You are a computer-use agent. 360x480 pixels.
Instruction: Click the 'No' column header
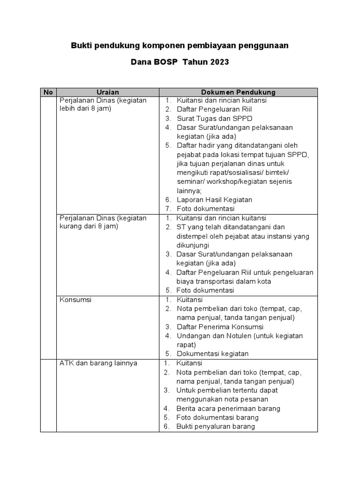point(48,92)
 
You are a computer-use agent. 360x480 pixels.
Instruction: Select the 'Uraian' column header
point(107,92)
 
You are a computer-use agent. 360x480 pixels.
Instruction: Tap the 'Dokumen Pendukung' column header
point(238,92)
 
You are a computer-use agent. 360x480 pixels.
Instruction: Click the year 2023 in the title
point(219,62)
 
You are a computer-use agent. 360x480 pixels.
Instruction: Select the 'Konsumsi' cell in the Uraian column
point(75,300)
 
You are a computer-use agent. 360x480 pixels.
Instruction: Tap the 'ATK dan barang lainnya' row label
point(98,363)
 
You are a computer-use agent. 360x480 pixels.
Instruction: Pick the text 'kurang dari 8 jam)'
point(89,227)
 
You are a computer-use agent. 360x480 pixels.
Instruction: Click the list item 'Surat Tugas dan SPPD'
point(215,118)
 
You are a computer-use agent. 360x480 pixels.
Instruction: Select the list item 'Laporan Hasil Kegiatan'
point(214,200)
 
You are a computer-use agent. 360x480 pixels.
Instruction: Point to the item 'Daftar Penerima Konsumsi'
point(220,327)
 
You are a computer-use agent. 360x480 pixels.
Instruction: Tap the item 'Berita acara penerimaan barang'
point(228,408)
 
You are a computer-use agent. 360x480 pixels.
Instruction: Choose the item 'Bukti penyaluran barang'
point(216,427)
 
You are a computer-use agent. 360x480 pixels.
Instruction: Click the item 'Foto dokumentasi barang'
point(217,417)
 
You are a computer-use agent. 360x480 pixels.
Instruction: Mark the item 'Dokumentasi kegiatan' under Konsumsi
point(212,354)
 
